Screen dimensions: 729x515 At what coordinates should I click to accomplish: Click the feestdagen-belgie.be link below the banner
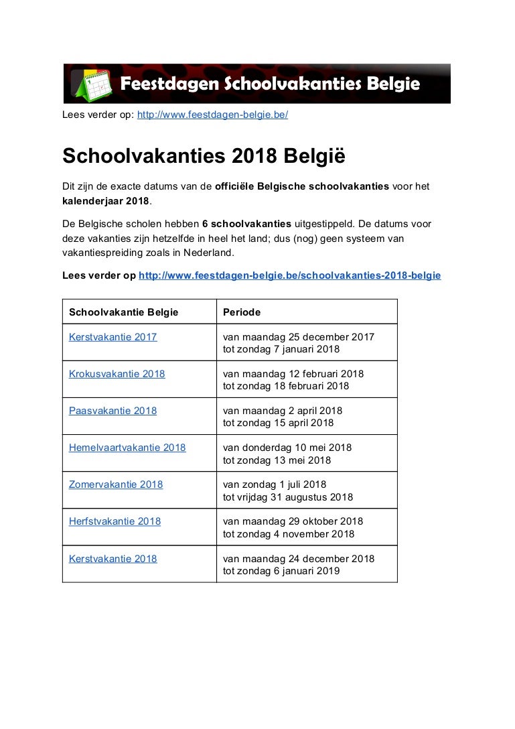point(212,115)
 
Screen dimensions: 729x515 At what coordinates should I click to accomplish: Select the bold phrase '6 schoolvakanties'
point(246,224)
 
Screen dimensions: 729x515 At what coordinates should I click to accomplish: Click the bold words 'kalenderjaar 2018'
point(105,201)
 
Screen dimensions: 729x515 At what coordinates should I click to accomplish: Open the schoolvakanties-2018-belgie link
point(289,275)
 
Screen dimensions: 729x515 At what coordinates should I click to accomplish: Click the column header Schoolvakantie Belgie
point(124,312)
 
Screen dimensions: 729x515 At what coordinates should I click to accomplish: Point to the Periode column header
point(242,312)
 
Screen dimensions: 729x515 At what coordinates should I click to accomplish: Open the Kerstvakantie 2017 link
point(113,337)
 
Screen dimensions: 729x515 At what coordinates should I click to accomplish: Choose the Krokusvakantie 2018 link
point(117,374)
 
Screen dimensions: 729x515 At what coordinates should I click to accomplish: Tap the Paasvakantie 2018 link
point(113,411)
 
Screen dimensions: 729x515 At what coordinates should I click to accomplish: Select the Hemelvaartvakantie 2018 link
point(127,448)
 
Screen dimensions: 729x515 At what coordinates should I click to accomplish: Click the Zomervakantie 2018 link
point(116,484)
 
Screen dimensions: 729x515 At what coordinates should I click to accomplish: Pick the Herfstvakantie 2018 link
point(115,521)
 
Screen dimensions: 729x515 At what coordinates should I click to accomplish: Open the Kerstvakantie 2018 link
point(113,558)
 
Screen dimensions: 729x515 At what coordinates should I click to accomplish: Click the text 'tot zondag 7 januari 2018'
point(281,349)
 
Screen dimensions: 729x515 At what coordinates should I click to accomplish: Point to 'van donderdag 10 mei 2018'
point(287,448)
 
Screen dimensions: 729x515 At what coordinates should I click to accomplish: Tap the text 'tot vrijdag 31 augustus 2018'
point(288,497)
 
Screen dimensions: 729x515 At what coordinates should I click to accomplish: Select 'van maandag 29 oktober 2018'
point(293,521)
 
